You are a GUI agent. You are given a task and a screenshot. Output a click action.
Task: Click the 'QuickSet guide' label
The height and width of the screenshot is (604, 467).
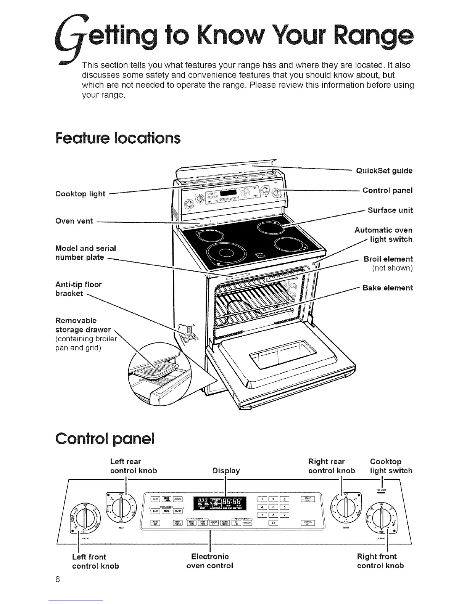click(384, 170)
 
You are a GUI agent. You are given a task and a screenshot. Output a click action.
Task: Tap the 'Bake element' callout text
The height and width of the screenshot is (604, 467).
click(387, 288)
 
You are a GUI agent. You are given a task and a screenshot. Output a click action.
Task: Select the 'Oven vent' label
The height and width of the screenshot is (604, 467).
click(74, 221)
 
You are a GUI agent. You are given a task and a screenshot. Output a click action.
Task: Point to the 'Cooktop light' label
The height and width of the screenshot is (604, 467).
click(80, 194)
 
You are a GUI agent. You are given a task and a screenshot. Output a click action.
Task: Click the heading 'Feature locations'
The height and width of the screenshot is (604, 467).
click(118, 138)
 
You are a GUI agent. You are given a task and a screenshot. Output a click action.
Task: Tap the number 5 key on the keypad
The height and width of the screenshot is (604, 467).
click(274, 507)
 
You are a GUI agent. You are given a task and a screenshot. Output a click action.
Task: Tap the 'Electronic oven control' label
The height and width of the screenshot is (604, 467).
click(209, 561)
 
